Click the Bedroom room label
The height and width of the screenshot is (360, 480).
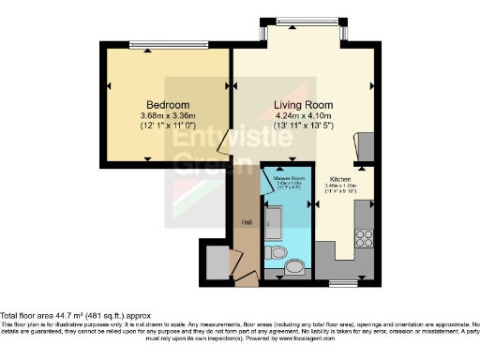168,103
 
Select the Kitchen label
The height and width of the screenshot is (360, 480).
339,178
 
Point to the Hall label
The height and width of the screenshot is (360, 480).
247,222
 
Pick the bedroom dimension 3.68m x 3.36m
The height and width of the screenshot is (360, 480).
168,115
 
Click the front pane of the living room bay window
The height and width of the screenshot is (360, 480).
305,21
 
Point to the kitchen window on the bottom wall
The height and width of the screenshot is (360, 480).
343,281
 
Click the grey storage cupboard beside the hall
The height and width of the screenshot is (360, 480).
217,262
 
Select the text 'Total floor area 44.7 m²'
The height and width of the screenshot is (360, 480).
56,316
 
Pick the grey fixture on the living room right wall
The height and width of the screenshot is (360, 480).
367,146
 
